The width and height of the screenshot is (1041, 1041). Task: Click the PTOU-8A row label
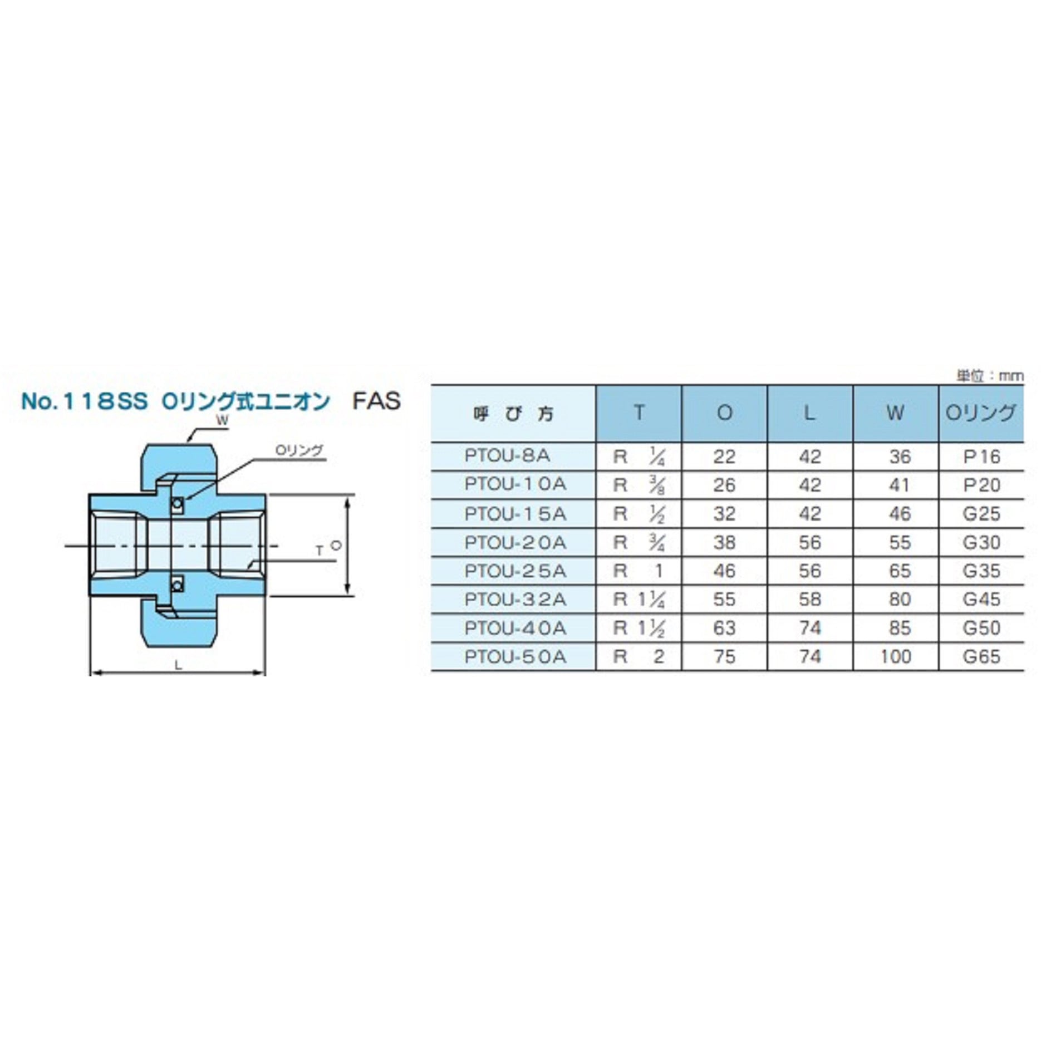507,456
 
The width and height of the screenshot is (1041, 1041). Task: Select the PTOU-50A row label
515,657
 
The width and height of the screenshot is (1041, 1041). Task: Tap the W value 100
896,657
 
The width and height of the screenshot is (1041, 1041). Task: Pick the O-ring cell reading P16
982,456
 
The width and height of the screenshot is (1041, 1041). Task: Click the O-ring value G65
982,657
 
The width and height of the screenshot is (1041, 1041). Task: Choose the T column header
639,413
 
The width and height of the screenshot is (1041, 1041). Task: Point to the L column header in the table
810,413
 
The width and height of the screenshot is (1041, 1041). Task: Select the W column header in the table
896,413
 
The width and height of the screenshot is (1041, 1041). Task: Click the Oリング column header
981,413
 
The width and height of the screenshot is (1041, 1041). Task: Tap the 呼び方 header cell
513,414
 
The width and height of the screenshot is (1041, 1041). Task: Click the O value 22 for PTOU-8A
724,456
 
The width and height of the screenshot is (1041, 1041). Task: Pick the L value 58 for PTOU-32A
810,600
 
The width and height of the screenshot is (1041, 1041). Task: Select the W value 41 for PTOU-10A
900,485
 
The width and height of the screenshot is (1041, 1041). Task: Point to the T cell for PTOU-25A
639,571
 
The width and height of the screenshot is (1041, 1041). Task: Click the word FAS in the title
376,401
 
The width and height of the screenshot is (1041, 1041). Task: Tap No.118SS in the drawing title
85,401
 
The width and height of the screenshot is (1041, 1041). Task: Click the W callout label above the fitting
222,421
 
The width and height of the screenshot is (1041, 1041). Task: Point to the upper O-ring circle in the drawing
178,505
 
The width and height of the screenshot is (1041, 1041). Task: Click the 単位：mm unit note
990,376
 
